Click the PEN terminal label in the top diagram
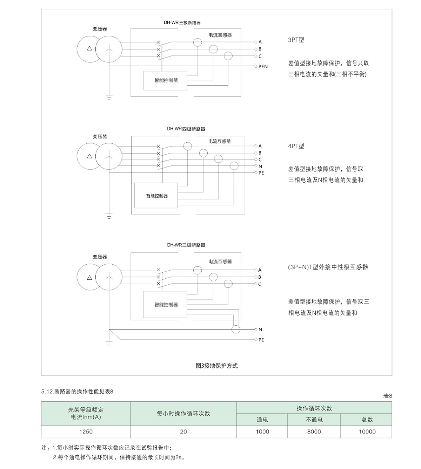pyautogui.click(x=263, y=67)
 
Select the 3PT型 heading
pyautogui.click(x=296, y=40)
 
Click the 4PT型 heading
pyautogui.click(x=296, y=146)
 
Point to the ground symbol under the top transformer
pyautogui.click(x=109, y=97)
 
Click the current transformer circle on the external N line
pyautogui.click(x=236, y=329)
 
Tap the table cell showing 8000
pyautogui.click(x=314, y=432)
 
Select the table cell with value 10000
pyautogui.click(x=367, y=432)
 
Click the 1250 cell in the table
pyautogui.click(x=86, y=432)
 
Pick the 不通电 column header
pyautogui.click(x=314, y=420)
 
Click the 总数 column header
pyautogui.click(x=367, y=420)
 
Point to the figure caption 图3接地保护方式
pyautogui.click(x=217, y=366)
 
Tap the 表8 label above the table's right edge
pyautogui.click(x=388, y=396)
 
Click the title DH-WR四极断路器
pyautogui.click(x=186, y=129)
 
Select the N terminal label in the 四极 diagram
pyautogui.click(x=260, y=166)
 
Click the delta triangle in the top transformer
pyautogui.click(x=89, y=49)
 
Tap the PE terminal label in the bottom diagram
pyautogui.click(x=261, y=340)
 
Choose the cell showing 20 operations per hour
pyautogui.click(x=183, y=432)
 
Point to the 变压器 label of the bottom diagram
pyautogui.click(x=100, y=257)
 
